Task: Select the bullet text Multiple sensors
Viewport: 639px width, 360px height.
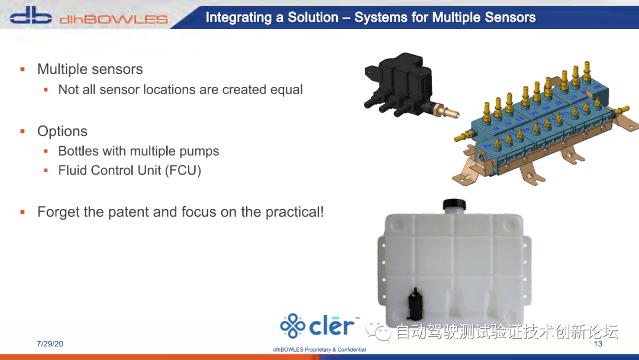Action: pos(90,69)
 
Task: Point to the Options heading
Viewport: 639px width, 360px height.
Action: pos(62,131)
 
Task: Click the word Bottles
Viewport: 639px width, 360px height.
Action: pos(79,151)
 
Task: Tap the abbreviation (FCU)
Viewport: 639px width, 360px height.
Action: pos(183,171)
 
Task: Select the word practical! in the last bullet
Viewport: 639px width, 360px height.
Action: pos(295,212)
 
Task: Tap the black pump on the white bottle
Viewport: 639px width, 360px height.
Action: pos(415,304)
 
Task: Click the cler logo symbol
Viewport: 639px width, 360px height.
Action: pos(292,326)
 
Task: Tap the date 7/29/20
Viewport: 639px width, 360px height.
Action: pos(50,343)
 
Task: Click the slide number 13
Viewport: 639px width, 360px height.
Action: pos(598,343)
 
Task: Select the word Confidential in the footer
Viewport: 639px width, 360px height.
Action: pos(351,349)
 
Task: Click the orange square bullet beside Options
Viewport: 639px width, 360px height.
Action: pos(23,131)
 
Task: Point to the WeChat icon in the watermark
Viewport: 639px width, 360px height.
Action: pos(378,330)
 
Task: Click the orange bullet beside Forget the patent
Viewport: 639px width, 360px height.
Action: pos(23,212)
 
